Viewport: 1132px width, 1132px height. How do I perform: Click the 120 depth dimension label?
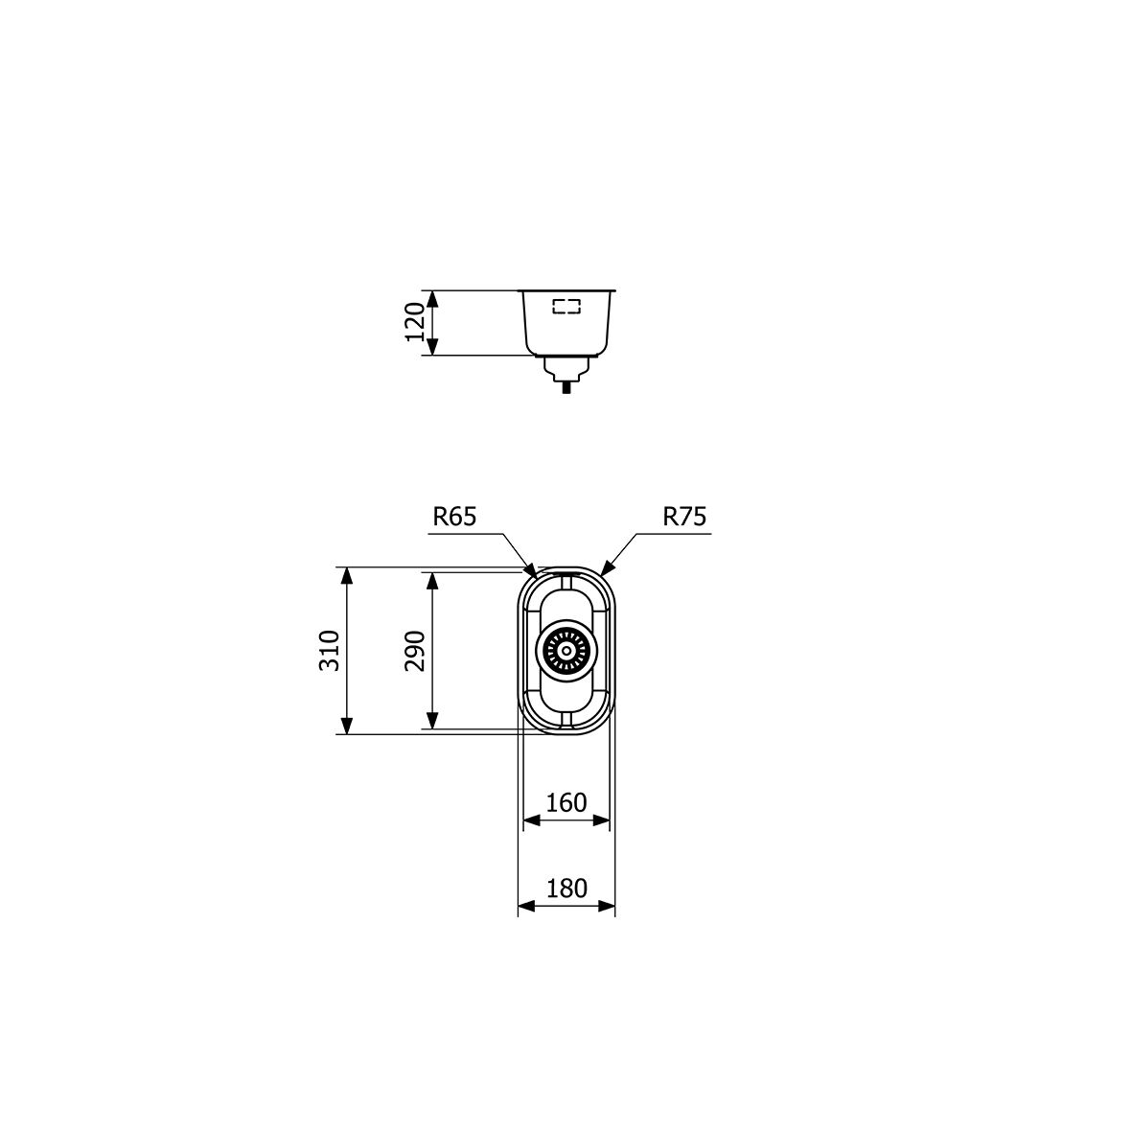coord(415,322)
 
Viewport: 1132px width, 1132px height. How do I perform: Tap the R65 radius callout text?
coord(455,517)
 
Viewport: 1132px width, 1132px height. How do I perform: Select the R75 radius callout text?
coord(684,517)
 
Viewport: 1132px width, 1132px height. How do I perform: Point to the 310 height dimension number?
coord(329,651)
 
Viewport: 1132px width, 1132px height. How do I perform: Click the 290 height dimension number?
coord(415,651)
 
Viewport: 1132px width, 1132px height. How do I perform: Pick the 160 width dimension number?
coord(566,802)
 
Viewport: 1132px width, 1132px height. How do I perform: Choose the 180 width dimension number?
coord(566,888)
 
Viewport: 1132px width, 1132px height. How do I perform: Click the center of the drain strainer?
coord(566,651)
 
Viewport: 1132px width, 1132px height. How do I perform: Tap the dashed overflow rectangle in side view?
coord(566,307)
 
